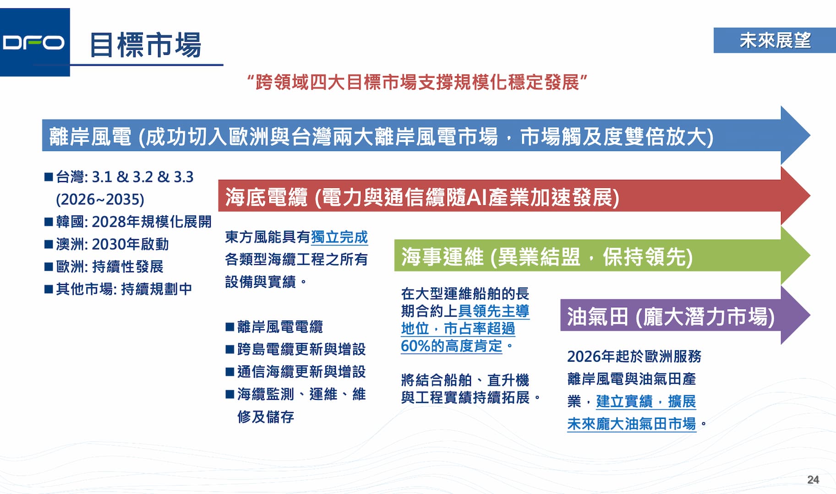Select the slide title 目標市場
coord(146,45)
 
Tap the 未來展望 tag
coord(775,40)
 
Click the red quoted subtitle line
coord(417,82)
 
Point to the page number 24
coord(813,479)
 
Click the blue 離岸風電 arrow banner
coord(426,135)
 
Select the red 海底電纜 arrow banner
coord(514,196)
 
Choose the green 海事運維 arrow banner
coord(602,256)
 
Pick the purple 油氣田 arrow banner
coord(685,315)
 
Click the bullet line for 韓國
coord(128,222)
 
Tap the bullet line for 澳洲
coord(107,244)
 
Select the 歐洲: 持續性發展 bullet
coord(104,267)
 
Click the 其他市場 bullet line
coord(118,289)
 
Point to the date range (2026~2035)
coord(100,199)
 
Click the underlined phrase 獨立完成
coord(339,237)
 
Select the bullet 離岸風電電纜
coord(274,327)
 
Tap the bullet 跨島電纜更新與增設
coord(295,349)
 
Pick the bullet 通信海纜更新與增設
coord(295,371)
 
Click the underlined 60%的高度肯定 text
coord(452,346)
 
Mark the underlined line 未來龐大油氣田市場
coord(632,424)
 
